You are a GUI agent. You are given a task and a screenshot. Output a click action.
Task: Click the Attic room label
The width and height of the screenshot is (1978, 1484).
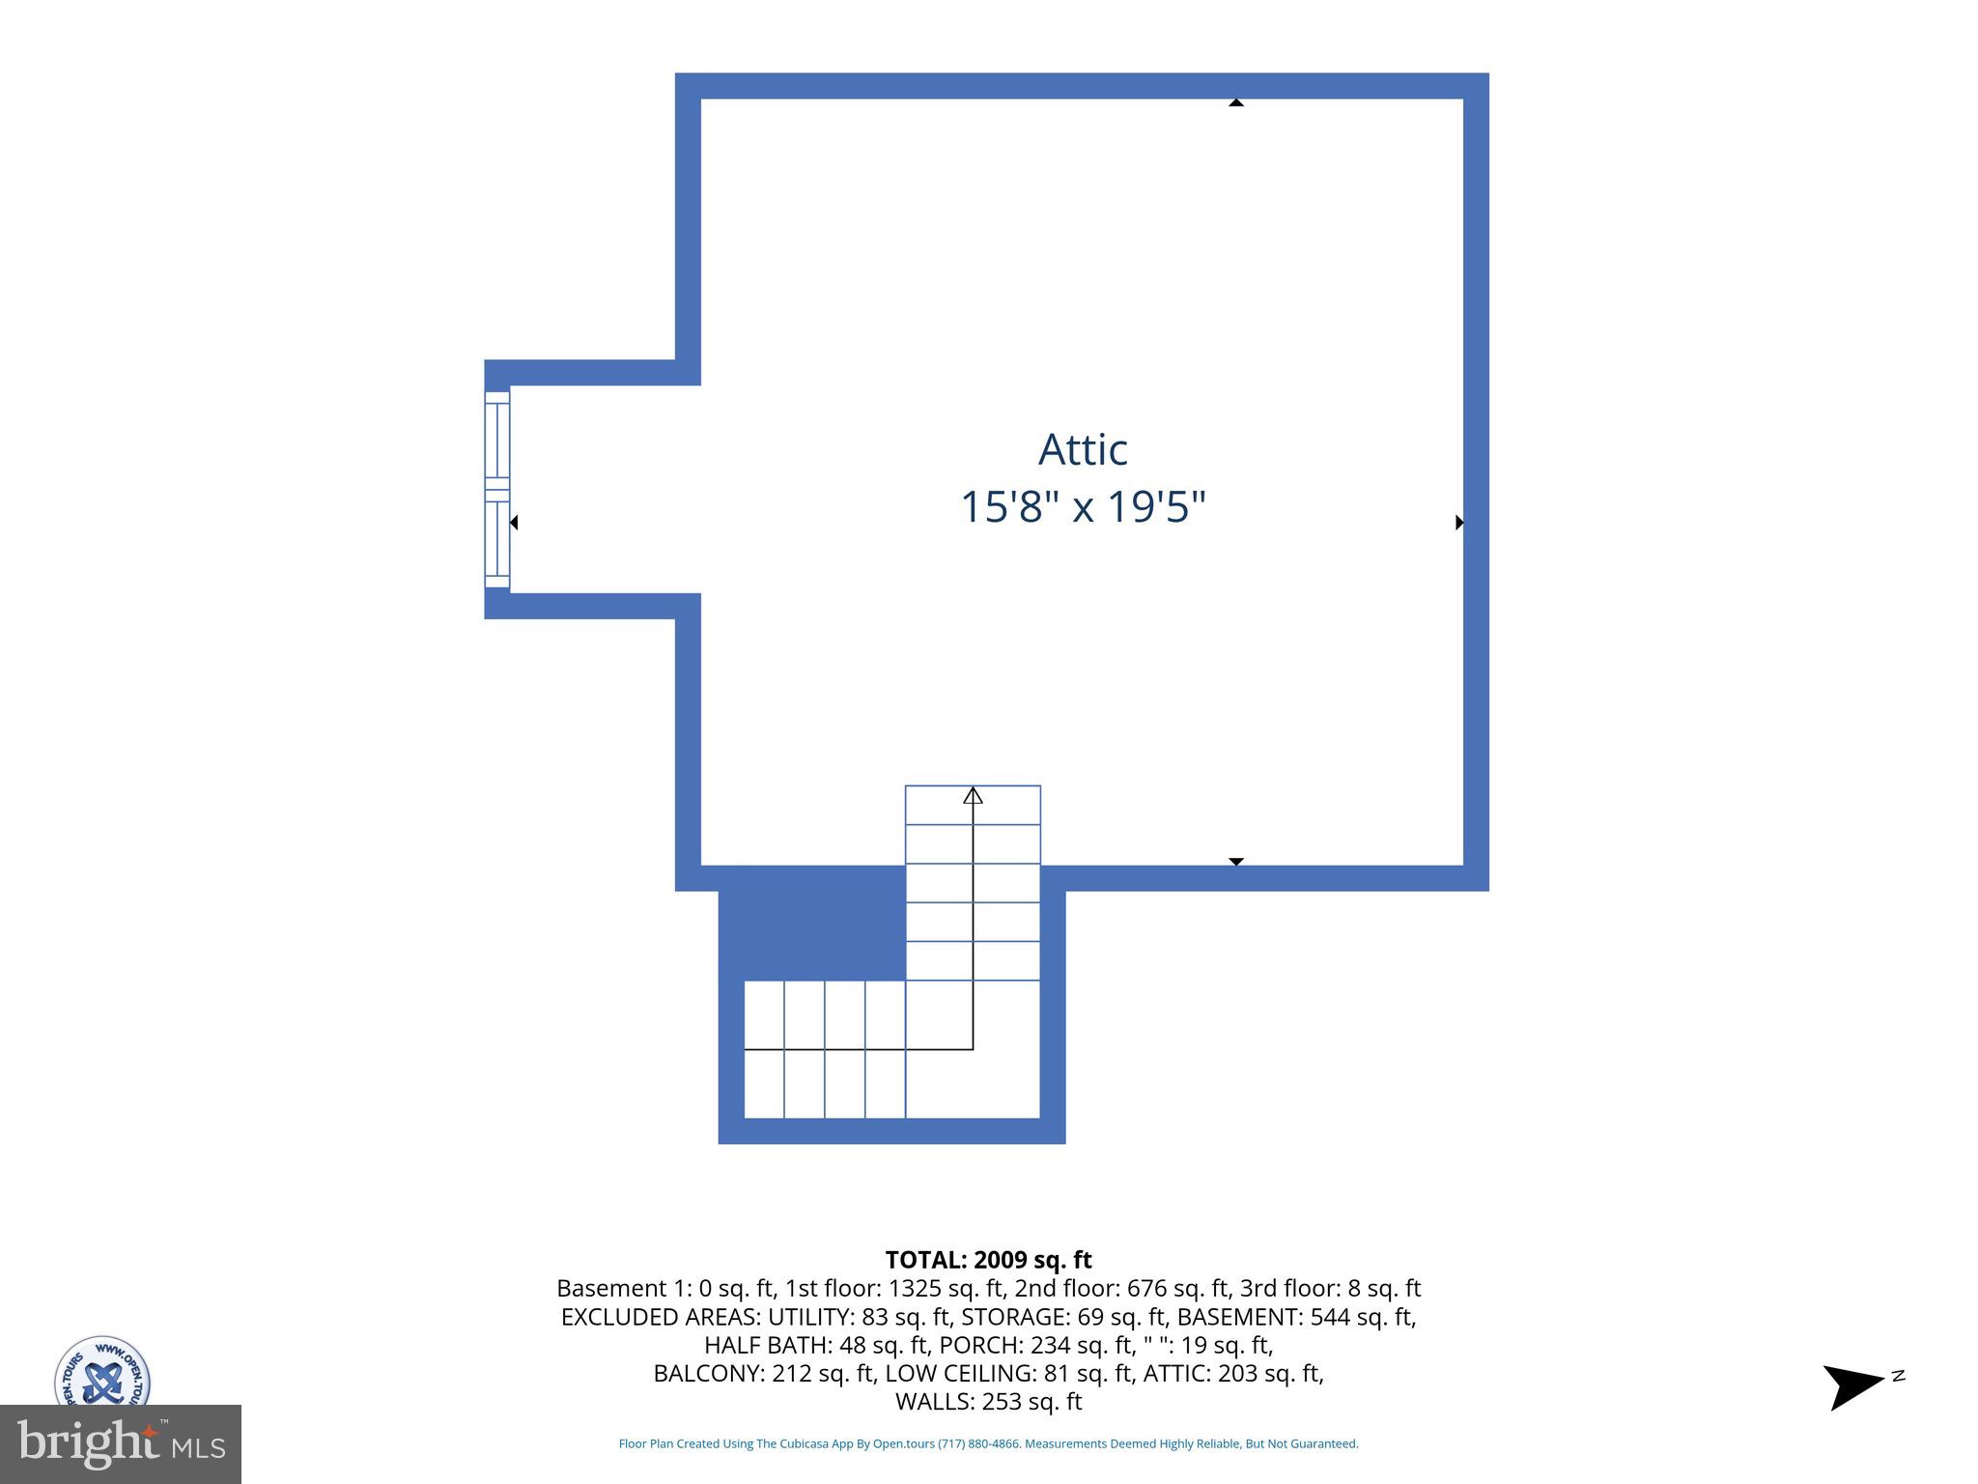tap(1083, 449)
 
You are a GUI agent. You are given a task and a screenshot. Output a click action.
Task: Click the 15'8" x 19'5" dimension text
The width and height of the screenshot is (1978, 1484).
tap(1083, 507)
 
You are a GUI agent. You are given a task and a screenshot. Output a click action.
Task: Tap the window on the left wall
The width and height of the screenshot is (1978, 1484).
tap(496, 490)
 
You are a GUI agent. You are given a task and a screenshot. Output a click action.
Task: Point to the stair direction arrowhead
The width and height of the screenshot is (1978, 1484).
tap(973, 795)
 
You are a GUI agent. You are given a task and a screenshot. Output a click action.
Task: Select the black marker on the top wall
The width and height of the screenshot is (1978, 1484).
tap(1235, 101)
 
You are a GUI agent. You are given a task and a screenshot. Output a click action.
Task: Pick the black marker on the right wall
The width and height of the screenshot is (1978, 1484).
tap(1459, 523)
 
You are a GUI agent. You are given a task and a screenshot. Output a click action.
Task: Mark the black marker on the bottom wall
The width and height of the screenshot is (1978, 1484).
tap(1235, 861)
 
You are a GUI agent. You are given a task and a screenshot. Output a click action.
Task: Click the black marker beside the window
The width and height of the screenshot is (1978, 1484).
tap(514, 523)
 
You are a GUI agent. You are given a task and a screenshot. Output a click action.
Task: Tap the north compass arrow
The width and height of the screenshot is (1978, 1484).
tap(1851, 1386)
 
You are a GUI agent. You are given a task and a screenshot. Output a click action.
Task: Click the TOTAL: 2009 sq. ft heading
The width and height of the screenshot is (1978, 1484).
tap(988, 1260)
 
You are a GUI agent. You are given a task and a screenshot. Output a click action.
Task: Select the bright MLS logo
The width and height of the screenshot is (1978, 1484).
tap(121, 1443)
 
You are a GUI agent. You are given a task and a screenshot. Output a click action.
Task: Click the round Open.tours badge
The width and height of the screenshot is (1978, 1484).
tap(101, 1372)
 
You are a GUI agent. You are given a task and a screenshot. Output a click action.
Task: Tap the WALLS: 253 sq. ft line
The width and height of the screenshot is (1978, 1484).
tap(988, 1402)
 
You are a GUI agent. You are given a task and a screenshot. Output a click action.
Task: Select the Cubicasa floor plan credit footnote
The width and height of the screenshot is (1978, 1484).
tap(988, 1443)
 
